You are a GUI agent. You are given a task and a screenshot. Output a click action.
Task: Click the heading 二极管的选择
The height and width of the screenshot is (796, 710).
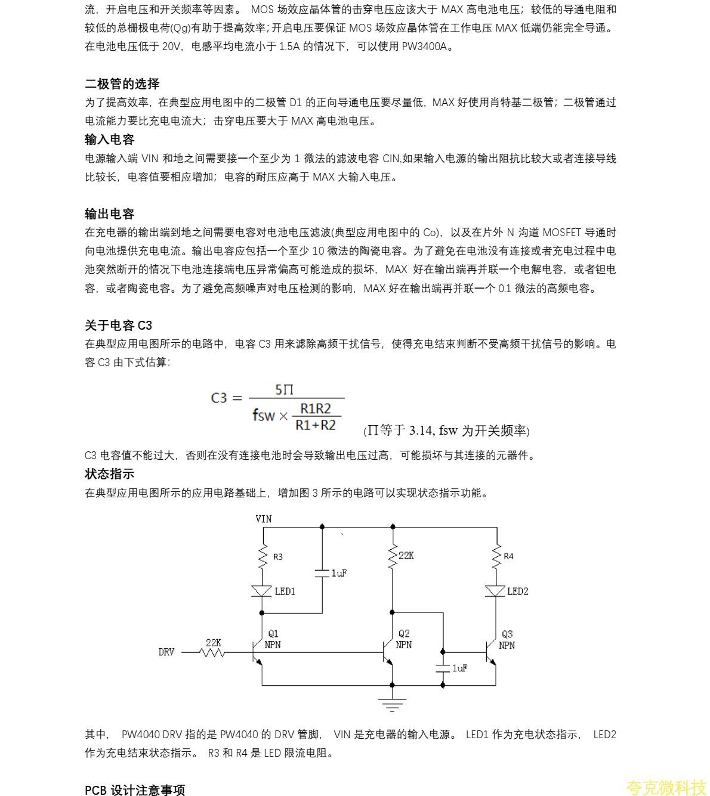tap(122, 83)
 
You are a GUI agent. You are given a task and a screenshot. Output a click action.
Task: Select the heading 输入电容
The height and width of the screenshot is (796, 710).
tap(109, 140)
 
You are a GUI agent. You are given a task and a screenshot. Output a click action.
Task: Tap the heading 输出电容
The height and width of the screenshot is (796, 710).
tap(109, 214)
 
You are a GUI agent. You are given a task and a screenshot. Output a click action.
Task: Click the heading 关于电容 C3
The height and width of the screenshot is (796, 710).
tap(118, 326)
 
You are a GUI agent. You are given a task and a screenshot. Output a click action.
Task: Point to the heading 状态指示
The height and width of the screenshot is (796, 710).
tap(109, 474)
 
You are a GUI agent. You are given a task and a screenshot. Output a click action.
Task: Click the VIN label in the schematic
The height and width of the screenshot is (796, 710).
tap(263, 519)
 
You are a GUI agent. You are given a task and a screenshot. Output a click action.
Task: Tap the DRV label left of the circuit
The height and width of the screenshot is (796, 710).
tap(166, 652)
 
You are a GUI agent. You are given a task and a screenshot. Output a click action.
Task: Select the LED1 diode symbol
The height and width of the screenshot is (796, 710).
tap(262, 591)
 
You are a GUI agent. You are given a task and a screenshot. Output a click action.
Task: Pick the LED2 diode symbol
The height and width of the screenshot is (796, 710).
tap(495, 591)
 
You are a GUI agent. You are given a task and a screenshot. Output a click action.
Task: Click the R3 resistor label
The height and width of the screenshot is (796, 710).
tap(278, 557)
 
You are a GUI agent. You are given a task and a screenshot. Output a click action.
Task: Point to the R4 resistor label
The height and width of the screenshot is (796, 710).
tap(508, 556)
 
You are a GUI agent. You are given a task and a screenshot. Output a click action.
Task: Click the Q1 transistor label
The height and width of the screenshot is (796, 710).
tap(273, 633)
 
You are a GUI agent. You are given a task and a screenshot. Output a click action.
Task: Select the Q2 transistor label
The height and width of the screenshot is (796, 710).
tap(404, 633)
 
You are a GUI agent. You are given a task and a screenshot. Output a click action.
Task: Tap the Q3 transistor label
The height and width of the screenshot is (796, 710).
tap(507, 634)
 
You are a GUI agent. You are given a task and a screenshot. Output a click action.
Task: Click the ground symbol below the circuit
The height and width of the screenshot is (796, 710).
tap(392, 704)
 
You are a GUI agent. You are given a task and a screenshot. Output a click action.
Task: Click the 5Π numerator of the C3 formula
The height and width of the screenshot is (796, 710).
tap(284, 390)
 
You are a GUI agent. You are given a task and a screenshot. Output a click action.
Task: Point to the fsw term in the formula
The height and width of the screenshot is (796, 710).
tap(263, 415)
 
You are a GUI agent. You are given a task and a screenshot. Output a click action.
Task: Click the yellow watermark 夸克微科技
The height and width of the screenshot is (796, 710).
tap(666, 787)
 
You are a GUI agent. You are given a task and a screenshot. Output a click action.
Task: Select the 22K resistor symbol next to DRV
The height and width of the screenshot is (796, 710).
tap(213, 653)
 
